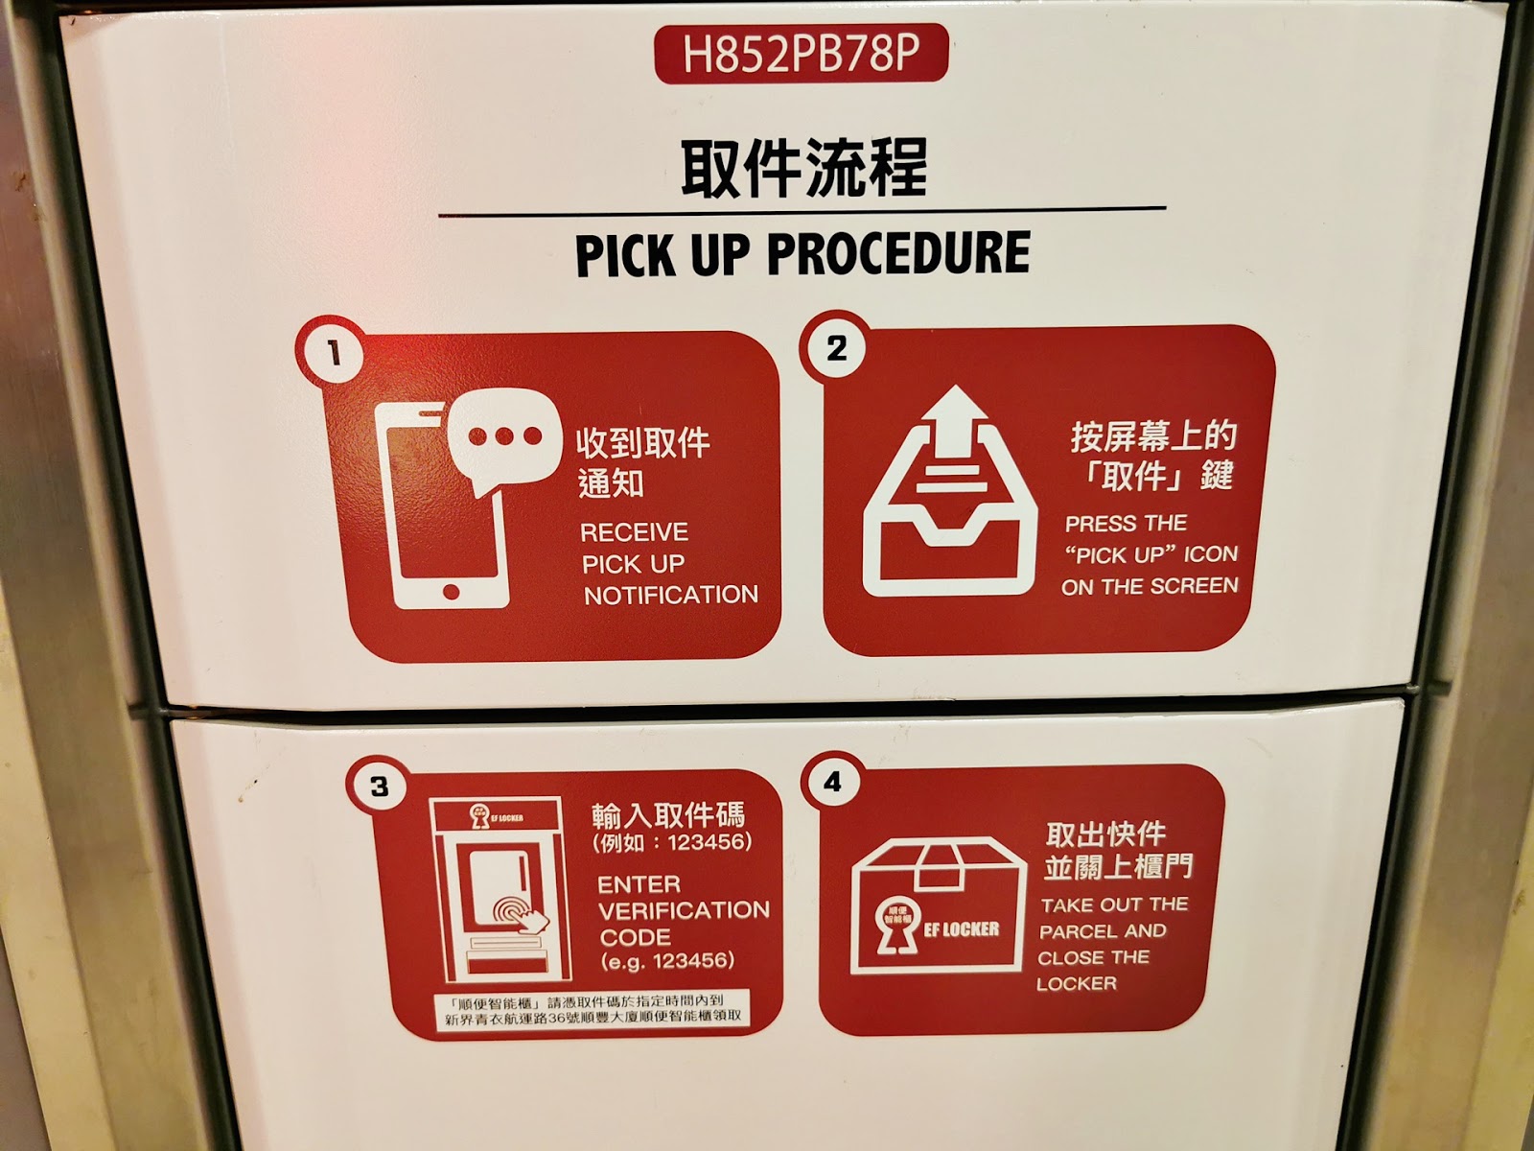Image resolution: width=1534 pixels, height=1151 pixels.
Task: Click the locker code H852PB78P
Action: [801, 54]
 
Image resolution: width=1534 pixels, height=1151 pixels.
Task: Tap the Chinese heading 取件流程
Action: [803, 168]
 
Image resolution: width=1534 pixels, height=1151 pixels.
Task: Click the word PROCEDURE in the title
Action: [898, 253]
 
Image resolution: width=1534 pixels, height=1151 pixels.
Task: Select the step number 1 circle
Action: [332, 351]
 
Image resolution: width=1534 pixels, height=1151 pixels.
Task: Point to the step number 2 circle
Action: [837, 347]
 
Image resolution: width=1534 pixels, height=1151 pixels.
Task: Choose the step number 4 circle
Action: [832, 782]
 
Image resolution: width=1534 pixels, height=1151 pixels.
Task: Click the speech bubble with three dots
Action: [504, 441]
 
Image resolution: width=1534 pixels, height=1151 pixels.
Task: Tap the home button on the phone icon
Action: [451, 592]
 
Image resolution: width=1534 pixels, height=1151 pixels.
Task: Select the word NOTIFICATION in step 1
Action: [671, 595]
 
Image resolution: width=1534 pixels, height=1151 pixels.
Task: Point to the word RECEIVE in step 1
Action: [634, 532]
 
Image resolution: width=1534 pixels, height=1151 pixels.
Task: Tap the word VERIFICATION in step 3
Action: [685, 910]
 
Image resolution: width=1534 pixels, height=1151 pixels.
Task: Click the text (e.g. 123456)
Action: [667, 961]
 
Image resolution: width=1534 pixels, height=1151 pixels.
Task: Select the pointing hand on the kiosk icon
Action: [531, 918]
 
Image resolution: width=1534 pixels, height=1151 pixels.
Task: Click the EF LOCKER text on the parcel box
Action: [961, 928]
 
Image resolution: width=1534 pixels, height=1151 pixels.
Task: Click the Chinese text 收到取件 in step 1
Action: [642, 443]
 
